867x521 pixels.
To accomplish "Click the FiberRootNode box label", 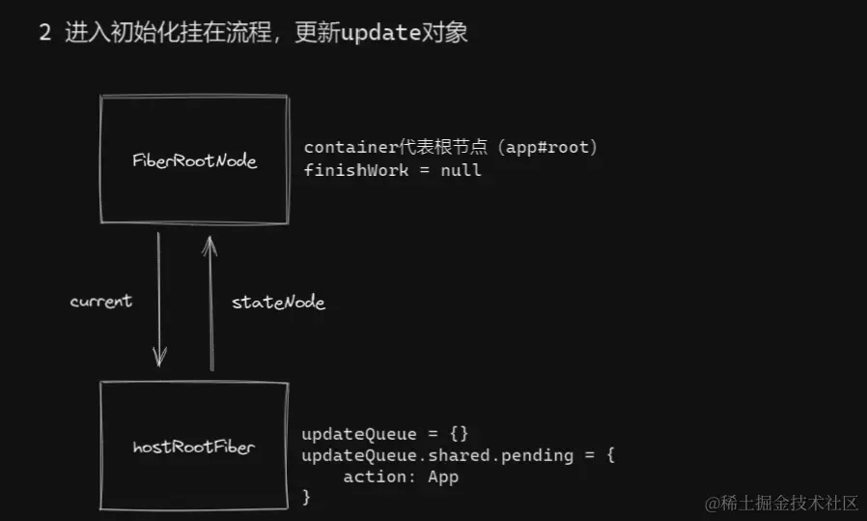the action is point(194,160).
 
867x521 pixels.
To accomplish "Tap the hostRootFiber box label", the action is point(194,447).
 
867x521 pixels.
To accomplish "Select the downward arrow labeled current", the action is point(158,300).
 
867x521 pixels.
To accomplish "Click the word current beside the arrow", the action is point(100,302).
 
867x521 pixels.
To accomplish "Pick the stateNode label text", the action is point(278,303).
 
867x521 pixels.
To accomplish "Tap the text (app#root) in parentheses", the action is point(555,147).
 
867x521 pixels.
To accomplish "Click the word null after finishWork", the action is point(461,170).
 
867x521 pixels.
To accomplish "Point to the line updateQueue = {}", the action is point(384,432).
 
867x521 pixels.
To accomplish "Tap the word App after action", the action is point(444,477).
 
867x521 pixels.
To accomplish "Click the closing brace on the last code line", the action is point(306,497).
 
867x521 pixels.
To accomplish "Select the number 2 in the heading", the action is point(44,33).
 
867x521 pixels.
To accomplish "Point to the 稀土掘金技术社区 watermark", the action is point(787,503).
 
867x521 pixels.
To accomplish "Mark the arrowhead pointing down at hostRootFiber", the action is point(159,359).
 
